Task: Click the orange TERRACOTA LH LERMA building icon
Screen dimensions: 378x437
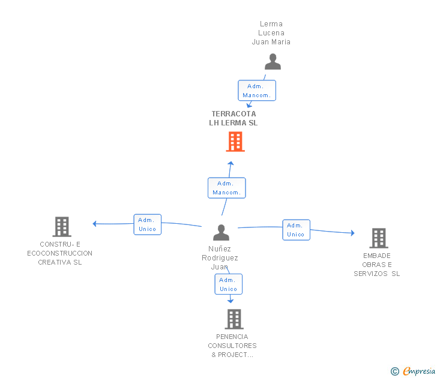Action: (235, 142)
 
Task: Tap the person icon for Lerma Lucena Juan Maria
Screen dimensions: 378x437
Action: (273, 62)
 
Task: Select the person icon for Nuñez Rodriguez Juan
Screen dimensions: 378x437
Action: (221, 232)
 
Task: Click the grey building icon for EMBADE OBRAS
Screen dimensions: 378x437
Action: (378, 238)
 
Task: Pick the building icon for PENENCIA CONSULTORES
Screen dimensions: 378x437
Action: (234, 319)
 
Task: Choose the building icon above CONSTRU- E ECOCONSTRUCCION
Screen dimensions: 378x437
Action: (62, 227)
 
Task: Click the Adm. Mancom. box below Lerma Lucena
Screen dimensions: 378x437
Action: (257, 91)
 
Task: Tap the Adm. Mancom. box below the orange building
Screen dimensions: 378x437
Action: (226, 188)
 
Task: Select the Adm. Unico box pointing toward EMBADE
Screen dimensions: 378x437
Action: (296, 230)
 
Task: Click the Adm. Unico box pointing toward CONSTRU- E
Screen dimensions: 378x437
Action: (147, 224)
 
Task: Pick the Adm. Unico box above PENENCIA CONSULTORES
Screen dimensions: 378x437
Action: (228, 284)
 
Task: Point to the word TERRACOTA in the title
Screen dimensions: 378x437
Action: (234, 113)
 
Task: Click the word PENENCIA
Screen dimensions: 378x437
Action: (232, 337)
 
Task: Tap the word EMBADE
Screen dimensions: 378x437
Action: (376, 256)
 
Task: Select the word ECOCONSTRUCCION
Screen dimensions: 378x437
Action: (59, 253)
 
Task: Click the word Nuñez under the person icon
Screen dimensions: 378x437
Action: (220, 249)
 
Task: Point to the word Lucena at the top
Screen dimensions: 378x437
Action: (271, 33)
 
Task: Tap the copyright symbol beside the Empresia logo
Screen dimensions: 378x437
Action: (395, 371)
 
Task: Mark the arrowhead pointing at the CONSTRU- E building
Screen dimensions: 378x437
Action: (94, 224)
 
